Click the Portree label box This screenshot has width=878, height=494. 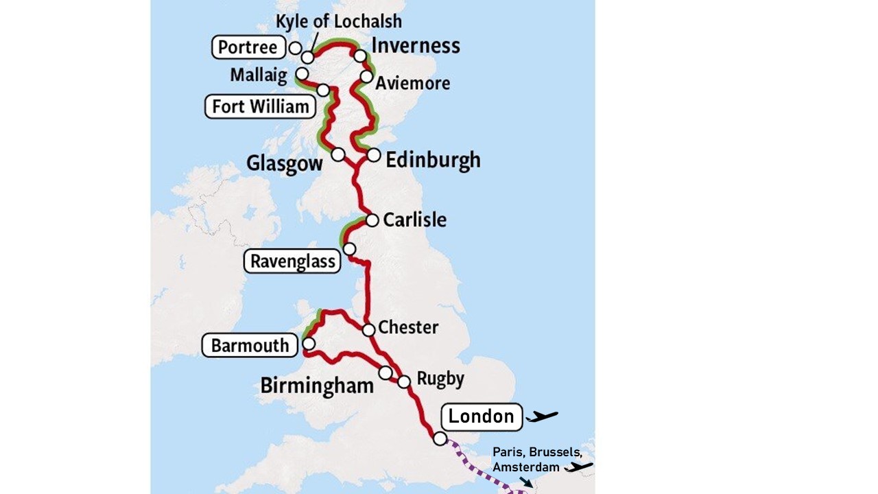pyautogui.click(x=248, y=47)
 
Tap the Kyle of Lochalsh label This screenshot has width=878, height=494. pyautogui.click(x=338, y=22)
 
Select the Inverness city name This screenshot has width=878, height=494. pyautogui.click(x=415, y=46)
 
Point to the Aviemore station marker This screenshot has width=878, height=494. pyautogui.click(x=366, y=76)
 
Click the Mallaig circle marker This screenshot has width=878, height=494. pyautogui.click(x=301, y=73)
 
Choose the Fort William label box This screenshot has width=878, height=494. pyautogui.click(x=260, y=106)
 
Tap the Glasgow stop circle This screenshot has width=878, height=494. pyautogui.click(x=337, y=154)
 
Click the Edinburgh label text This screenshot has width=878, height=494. pyautogui.click(x=433, y=160)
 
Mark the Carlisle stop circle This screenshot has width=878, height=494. pyautogui.click(x=372, y=220)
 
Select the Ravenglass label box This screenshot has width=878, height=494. pyautogui.click(x=292, y=261)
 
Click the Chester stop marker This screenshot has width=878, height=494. pyautogui.click(x=368, y=330)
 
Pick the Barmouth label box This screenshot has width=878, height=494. pyautogui.click(x=250, y=345)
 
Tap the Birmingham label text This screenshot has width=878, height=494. pyautogui.click(x=317, y=386)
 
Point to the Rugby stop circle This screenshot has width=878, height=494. pyautogui.click(x=404, y=381)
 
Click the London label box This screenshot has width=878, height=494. pyautogui.click(x=482, y=416)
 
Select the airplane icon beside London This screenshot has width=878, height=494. pyautogui.click(x=542, y=416)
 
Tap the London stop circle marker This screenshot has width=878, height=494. pyautogui.click(x=440, y=438)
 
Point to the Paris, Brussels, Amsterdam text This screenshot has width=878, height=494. pyautogui.click(x=537, y=459)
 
